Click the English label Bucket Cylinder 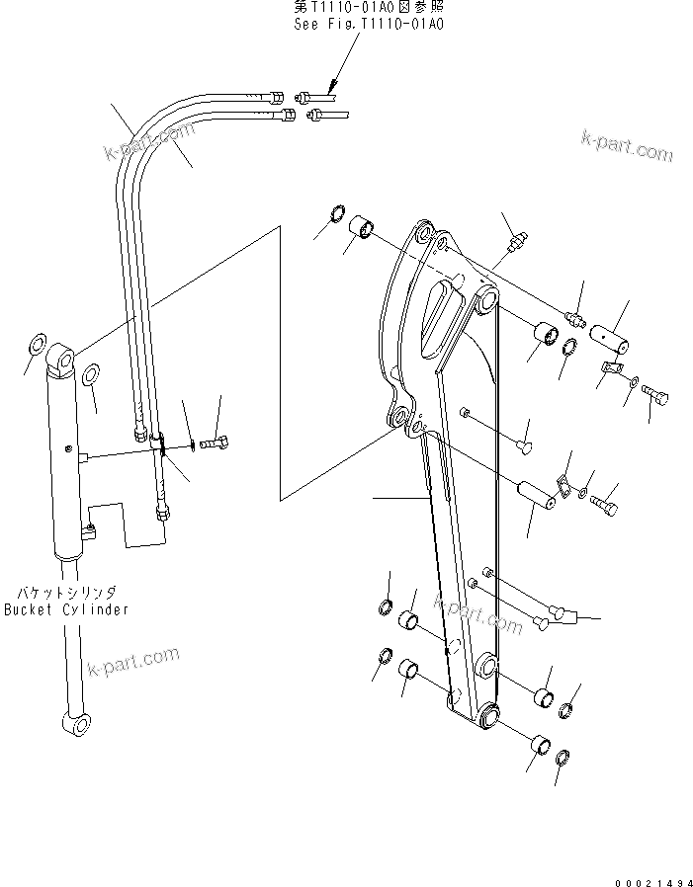(66, 609)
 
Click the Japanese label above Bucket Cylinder (65, 593)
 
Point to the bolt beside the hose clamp (217, 443)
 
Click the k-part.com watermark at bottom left (133, 659)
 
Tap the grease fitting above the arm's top (516, 240)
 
